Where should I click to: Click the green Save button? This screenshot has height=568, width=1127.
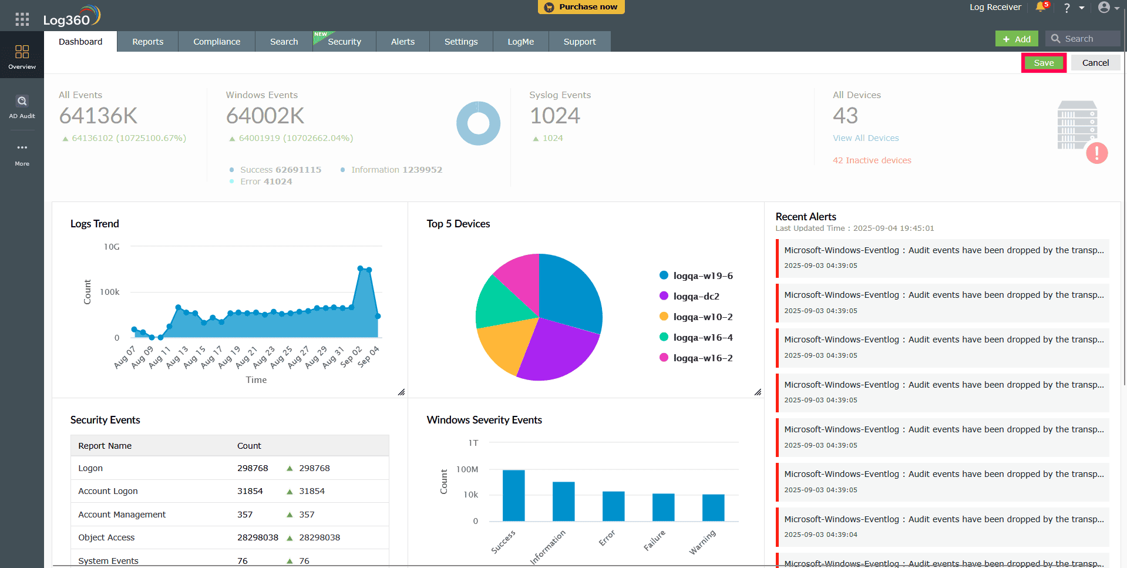pos(1044,63)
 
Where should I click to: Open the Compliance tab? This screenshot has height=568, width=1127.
pos(217,42)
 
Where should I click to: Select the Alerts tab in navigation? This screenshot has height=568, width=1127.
pos(402,42)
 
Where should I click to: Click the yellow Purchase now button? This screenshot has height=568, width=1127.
pos(581,7)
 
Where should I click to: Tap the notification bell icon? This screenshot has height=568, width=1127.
pos(1041,7)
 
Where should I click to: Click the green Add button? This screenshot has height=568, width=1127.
pos(1017,39)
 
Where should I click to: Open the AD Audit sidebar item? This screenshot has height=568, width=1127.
pos(22,107)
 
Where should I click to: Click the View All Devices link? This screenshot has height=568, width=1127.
pos(865,138)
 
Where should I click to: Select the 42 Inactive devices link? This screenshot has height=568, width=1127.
pos(872,160)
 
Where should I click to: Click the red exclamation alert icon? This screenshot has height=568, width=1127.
pos(1096,153)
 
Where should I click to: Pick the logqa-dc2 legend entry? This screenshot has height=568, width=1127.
pos(696,297)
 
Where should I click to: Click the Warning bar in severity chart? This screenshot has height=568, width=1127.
pos(713,507)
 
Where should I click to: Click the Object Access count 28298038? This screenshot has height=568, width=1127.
pos(257,537)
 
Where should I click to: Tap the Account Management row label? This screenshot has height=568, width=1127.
pos(122,515)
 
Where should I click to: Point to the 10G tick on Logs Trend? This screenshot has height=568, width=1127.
pos(112,247)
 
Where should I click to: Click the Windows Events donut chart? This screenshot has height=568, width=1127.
pos(478,123)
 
